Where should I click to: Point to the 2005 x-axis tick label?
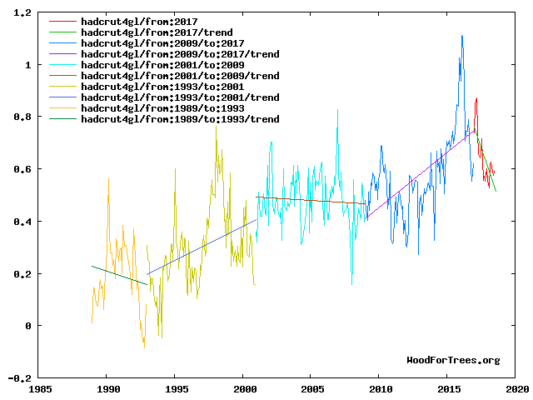tap(312, 388)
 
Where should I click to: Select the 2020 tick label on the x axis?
tap(516, 388)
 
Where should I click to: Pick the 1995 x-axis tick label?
tap(176, 388)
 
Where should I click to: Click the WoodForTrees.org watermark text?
tap(453, 360)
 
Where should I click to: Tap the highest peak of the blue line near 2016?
tap(461, 36)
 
